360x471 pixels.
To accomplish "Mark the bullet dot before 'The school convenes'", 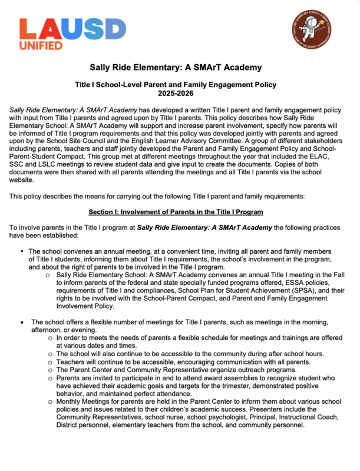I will (22, 251).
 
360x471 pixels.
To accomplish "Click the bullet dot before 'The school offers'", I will (22, 322).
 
